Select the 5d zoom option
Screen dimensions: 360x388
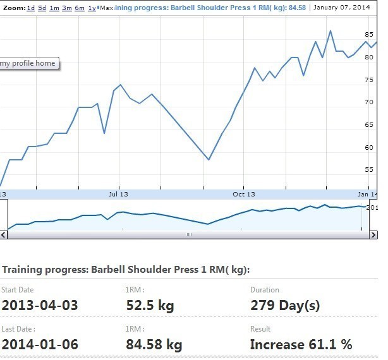click(42, 8)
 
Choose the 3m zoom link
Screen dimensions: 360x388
click(66, 8)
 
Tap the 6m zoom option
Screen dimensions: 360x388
click(79, 8)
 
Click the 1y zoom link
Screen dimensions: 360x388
click(92, 8)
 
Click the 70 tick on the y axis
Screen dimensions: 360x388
click(370, 102)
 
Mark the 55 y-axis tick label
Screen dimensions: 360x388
click(370, 170)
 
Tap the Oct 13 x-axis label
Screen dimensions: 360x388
click(243, 194)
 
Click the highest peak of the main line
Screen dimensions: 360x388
click(330, 30)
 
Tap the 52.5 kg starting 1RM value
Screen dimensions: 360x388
click(150, 306)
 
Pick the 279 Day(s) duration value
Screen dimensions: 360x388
click(285, 306)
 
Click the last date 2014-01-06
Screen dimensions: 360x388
click(40, 345)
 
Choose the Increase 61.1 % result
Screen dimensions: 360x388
click(301, 345)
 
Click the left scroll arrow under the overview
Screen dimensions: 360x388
click(4, 234)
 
